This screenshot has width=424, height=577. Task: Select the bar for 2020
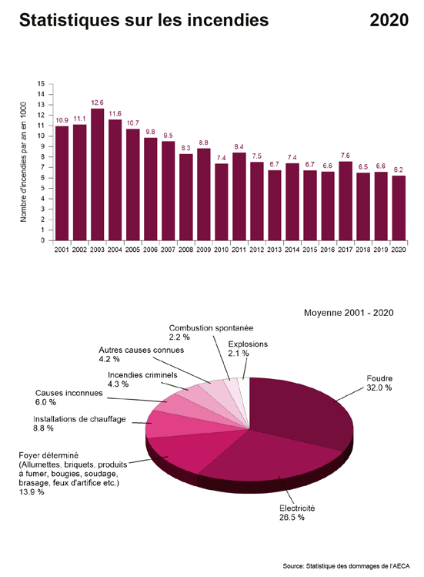tap(399, 208)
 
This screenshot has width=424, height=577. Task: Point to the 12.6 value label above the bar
tap(97, 102)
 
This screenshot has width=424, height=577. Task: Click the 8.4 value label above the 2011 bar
tap(239, 146)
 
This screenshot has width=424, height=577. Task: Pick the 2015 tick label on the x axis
tap(309, 250)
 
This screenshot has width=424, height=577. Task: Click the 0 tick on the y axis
tap(42, 240)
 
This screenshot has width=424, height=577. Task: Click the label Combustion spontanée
tap(211, 327)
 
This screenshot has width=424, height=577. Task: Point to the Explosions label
tap(248, 344)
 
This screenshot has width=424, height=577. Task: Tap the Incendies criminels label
tap(142, 375)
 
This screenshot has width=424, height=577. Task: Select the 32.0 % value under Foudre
tap(379, 388)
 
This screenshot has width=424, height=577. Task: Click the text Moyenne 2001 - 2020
tap(349, 313)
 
